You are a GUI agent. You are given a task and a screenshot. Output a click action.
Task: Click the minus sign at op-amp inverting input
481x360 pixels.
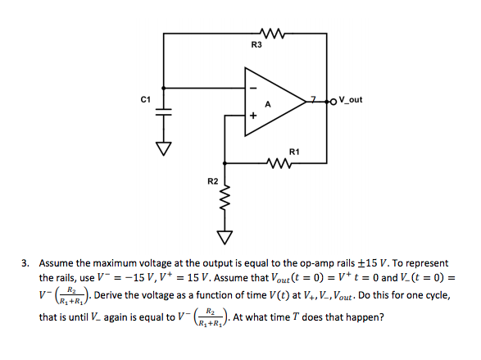coord(253,89)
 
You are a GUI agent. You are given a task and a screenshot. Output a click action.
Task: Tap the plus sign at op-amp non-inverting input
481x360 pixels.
coord(253,116)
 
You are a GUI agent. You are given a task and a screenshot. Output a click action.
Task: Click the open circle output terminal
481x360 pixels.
coord(334,102)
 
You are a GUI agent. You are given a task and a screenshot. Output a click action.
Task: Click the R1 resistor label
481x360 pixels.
coord(294,152)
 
